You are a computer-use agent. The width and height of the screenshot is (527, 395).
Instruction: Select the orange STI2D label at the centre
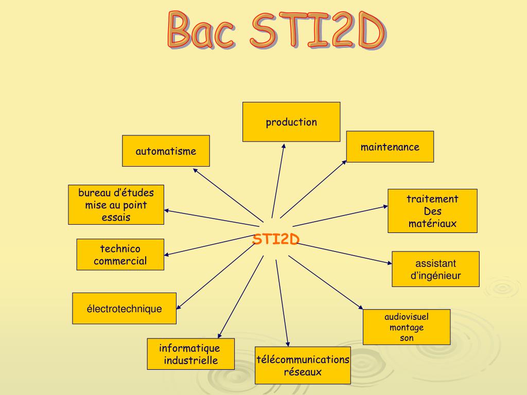(x=276, y=240)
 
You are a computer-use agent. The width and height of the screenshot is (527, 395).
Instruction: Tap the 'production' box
(x=291, y=122)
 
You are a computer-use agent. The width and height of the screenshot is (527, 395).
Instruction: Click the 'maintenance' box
(x=390, y=147)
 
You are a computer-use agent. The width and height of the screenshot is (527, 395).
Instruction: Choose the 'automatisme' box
(x=166, y=151)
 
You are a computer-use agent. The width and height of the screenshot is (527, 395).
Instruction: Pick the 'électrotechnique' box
(x=124, y=309)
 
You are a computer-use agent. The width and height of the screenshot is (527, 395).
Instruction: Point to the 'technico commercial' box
(x=120, y=255)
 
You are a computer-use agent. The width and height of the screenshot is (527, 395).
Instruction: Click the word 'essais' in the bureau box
(x=116, y=218)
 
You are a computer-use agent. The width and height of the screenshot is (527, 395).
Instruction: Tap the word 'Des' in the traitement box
(x=432, y=211)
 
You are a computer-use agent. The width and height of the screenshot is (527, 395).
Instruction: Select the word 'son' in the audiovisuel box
(x=407, y=338)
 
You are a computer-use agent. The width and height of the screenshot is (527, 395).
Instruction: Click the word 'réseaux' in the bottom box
(x=303, y=372)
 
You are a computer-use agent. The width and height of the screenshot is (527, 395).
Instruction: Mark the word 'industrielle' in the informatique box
(x=191, y=360)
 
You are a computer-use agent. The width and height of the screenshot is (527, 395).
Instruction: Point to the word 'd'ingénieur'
(x=435, y=276)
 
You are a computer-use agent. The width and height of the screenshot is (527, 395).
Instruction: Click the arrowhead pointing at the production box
(x=283, y=147)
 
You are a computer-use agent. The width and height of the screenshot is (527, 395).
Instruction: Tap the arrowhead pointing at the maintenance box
(x=345, y=162)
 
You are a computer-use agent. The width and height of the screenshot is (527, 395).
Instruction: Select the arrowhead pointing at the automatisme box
(x=194, y=170)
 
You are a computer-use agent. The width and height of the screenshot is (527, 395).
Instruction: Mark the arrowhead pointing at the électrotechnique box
(x=179, y=307)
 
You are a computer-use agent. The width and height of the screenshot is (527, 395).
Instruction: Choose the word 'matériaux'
(x=432, y=224)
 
